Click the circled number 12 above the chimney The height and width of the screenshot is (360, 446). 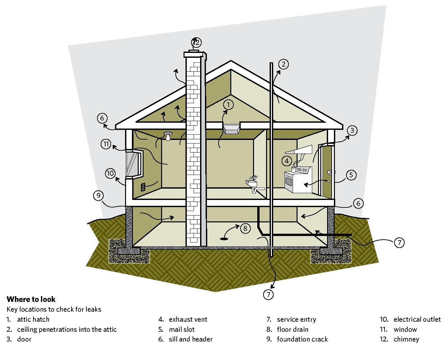tap(196, 43)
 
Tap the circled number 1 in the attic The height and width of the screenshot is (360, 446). tap(229, 105)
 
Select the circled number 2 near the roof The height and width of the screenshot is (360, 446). tap(283, 64)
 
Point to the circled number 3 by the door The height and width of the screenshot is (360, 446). tap(352, 130)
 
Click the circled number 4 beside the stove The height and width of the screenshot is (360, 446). tap(287, 160)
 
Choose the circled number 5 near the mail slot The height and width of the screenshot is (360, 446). tap(351, 175)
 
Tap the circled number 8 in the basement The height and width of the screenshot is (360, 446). tap(245, 228)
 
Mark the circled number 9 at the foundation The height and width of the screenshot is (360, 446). tap(98, 196)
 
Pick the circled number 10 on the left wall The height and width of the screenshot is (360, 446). tap(110, 173)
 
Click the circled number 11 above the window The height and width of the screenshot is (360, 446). tap(106, 144)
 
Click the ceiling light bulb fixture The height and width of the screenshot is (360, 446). tap(168, 136)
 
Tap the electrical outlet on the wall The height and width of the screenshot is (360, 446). tap(143, 187)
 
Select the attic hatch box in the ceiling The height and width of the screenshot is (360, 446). tap(231, 128)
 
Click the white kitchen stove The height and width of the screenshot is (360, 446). tap(298, 180)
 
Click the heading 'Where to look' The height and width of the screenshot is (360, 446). tap(31, 299)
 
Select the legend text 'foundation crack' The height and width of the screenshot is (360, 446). tap(302, 339)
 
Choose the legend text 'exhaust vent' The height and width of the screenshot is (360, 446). tap(188, 319)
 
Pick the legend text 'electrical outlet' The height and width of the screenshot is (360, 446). tap(417, 319)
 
